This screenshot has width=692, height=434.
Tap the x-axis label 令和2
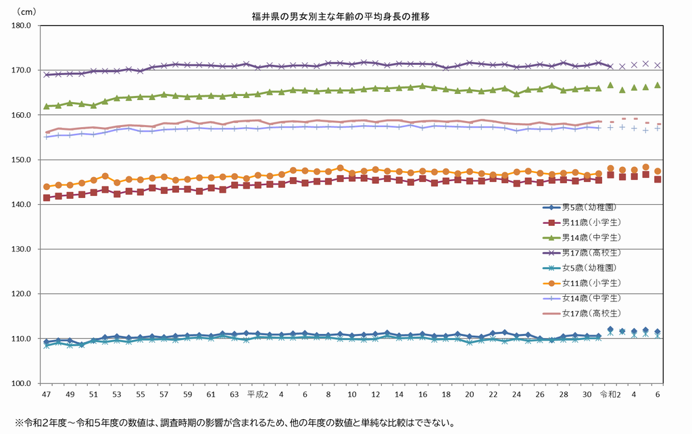pos(610,393)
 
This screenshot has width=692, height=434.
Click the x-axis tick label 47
pos(46,393)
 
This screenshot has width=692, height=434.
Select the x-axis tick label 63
pos(234,393)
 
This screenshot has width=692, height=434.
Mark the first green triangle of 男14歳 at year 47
pos(46,106)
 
